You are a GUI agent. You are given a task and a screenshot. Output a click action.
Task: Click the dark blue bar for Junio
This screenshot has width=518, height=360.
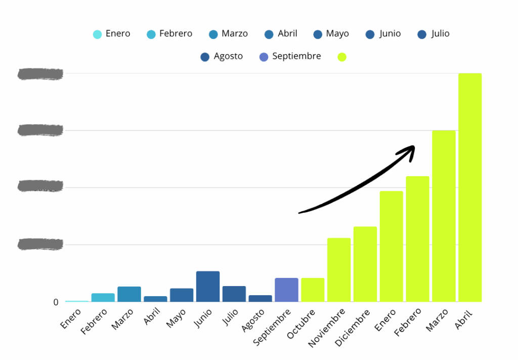tap(208, 287)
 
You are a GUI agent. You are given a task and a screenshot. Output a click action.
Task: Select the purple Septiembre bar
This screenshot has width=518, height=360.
tap(286, 290)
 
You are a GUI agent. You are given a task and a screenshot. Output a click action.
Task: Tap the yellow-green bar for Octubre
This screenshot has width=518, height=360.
tap(313, 290)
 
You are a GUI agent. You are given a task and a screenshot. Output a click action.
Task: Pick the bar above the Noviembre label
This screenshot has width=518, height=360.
tap(339, 270)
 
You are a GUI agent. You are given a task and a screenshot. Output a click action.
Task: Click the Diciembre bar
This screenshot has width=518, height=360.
tap(365, 264)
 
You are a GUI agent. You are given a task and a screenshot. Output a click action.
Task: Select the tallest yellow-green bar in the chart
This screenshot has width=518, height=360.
tap(470, 187)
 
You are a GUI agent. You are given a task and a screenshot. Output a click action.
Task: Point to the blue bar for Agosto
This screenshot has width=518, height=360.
tap(260, 298)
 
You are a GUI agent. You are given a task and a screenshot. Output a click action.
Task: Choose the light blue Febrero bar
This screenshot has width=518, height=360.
tap(103, 297)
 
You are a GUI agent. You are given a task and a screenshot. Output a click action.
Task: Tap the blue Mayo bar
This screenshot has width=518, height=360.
tap(182, 295)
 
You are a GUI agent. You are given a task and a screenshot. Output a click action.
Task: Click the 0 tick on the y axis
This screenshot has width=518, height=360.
tap(56, 302)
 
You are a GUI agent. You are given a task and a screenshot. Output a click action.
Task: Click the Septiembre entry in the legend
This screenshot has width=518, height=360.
tap(290, 56)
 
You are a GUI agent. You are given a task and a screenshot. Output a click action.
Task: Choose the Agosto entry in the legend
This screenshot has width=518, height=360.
tap(222, 56)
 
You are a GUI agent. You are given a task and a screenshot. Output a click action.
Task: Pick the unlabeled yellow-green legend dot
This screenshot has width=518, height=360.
tap(342, 57)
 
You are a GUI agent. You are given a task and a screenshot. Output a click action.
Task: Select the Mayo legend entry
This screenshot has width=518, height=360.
tap(331, 34)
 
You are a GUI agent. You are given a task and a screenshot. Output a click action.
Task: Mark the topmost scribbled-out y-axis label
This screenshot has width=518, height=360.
tap(40, 74)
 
